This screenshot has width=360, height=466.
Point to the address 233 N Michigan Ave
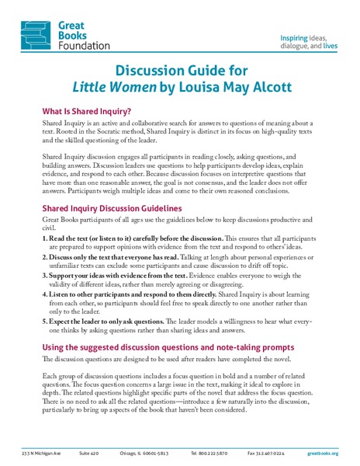point(42,452)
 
